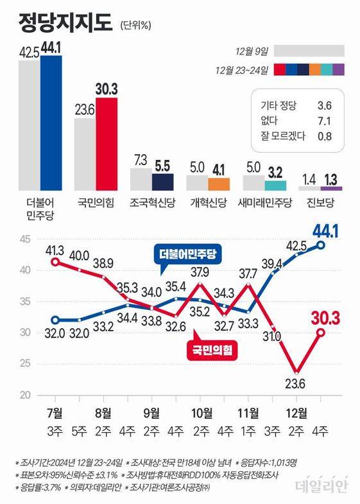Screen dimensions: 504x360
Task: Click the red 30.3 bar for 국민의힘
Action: click(x=107, y=144)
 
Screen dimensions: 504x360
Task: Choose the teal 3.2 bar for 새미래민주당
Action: click(x=275, y=186)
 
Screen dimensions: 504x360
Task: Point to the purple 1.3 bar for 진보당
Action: click(x=331, y=188)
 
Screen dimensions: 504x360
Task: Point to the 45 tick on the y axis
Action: click(x=24, y=239)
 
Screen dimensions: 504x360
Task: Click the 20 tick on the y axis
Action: click(x=24, y=395)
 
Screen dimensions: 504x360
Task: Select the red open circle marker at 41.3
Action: click(x=55, y=262)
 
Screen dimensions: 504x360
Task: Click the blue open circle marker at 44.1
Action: click(x=321, y=244)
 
